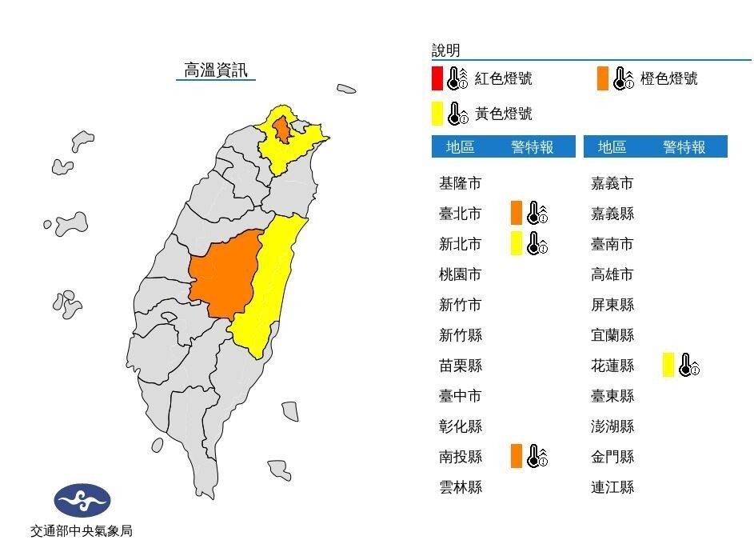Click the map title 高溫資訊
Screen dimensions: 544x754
click(x=216, y=70)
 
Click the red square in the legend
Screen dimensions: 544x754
click(x=437, y=78)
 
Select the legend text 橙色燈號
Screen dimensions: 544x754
click(x=668, y=78)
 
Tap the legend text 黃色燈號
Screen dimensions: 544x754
click(x=503, y=114)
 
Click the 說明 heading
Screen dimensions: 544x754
click(x=446, y=50)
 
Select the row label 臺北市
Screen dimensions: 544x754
click(x=461, y=214)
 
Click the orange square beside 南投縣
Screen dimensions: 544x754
click(x=516, y=456)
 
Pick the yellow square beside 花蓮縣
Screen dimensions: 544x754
click(x=668, y=365)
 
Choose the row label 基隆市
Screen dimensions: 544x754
click(x=461, y=183)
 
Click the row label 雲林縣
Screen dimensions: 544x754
click(x=461, y=486)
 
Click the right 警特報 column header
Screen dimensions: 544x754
click(x=684, y=146)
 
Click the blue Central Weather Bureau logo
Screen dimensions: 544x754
click(x=82, y=501)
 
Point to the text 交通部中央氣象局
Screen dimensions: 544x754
click(x=82, y=530)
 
